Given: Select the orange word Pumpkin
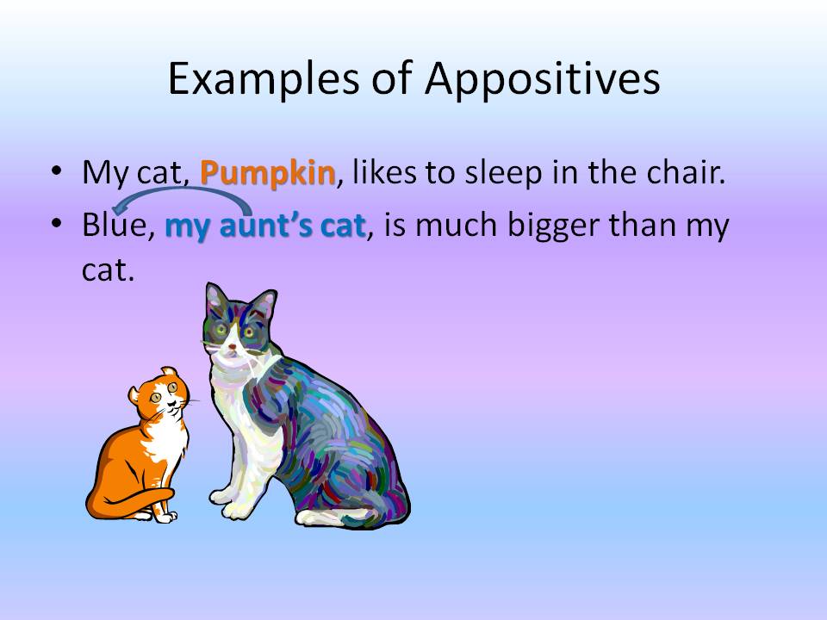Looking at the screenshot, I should coord(267,173).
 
